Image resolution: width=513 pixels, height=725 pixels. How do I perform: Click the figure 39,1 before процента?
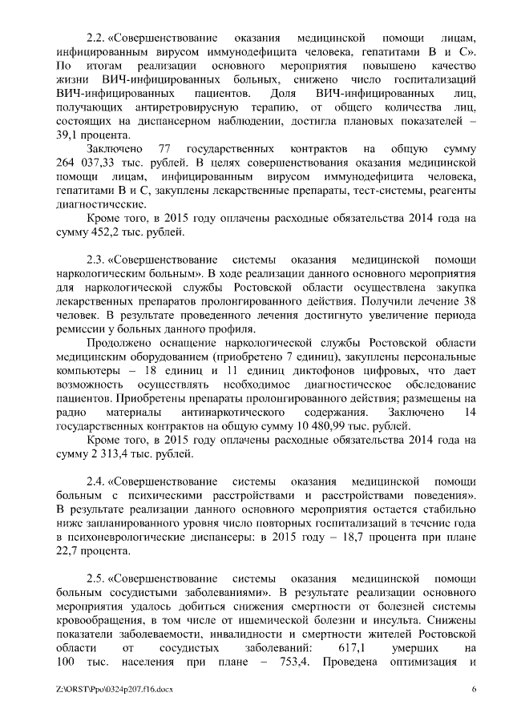71,135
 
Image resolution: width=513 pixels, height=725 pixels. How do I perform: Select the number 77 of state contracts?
167,149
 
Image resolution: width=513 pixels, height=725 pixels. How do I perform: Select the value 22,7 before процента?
71,551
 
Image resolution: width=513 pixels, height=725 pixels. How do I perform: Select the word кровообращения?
105,619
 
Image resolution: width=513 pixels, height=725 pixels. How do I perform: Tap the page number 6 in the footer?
473,690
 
